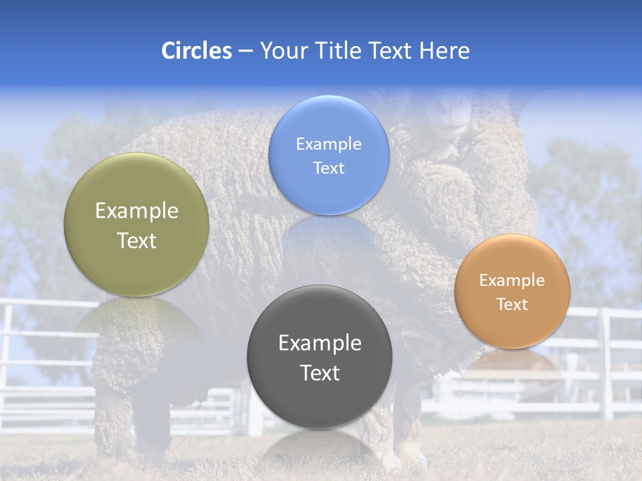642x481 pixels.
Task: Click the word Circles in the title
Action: pos(196,51)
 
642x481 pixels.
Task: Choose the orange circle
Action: pos(512,327)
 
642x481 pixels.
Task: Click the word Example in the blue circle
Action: pos(328,144)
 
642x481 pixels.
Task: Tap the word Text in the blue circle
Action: pos(328,168)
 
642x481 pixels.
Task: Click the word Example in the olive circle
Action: pos(136,211)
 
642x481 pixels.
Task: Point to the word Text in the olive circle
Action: pos(136,240)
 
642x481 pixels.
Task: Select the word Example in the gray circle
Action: pos(320,343)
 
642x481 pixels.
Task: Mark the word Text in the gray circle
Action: pos(320,373)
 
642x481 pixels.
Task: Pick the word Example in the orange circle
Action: pos(512,281)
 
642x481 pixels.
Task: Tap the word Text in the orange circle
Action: pos(512,305)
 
